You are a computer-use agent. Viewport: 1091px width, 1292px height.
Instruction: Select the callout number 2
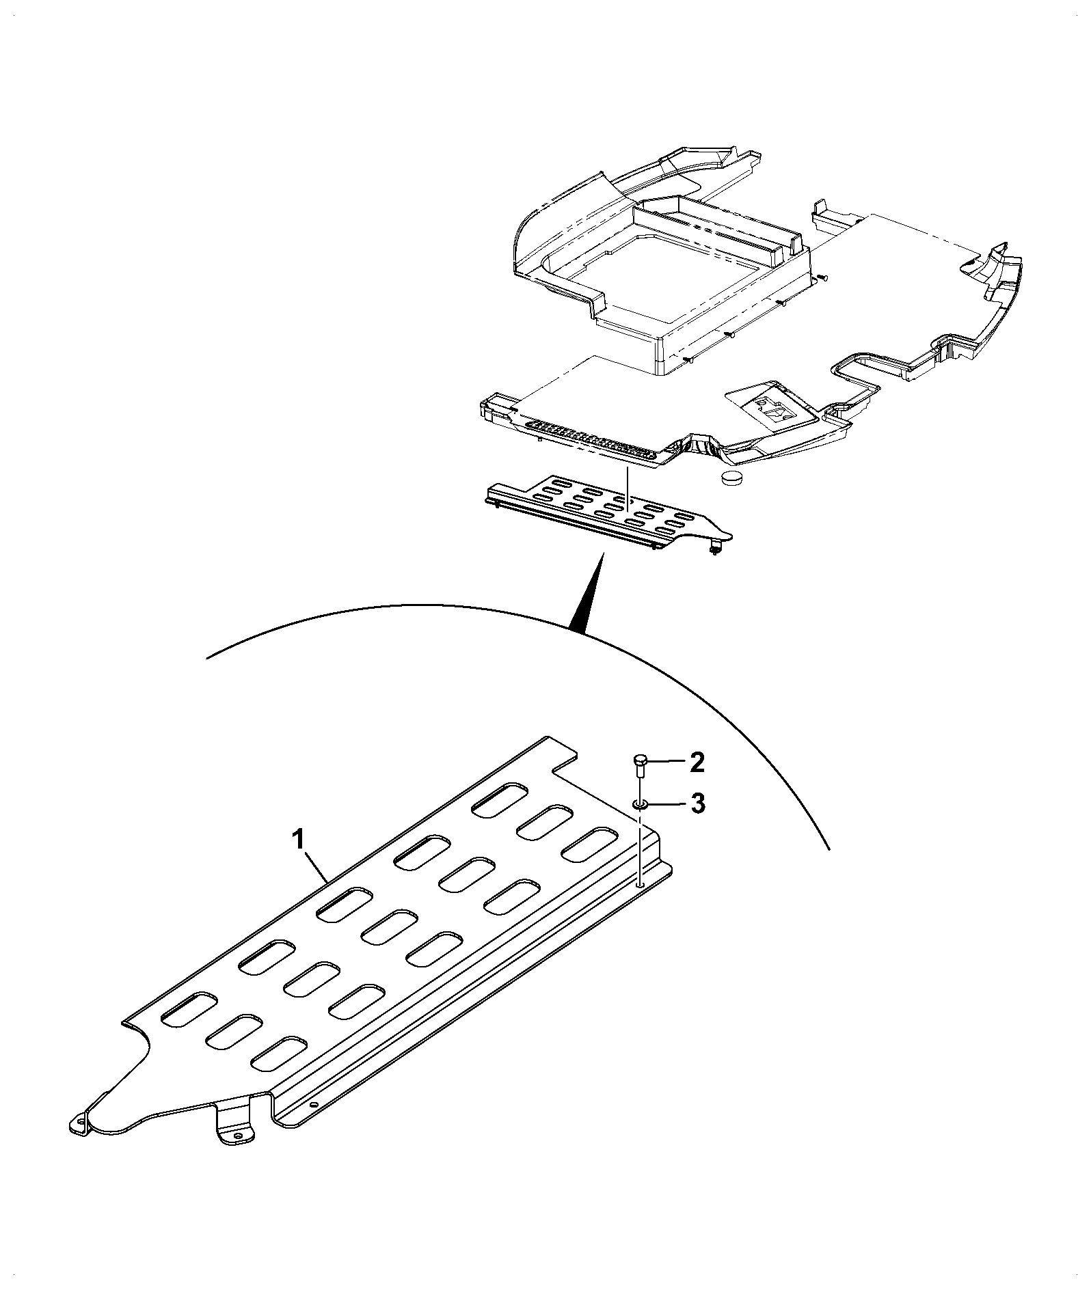click(x=696, y=762)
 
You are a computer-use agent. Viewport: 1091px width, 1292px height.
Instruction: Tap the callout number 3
click(x=697, y=803)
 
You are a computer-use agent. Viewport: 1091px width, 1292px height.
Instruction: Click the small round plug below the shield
click(x=731, y=477)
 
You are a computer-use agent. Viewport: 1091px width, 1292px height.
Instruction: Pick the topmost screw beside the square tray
click(x=821, y=277)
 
